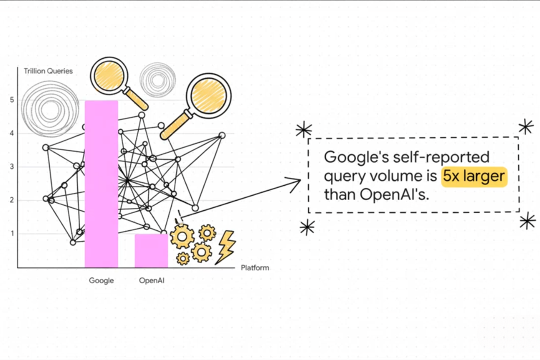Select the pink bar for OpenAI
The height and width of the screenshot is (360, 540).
(151, 250)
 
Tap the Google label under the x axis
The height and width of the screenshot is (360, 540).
(101, 280)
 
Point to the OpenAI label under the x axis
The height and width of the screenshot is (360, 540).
(151, 280)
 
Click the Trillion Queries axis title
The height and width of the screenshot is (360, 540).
(48, 71)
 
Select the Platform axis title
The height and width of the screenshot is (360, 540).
(254, 267)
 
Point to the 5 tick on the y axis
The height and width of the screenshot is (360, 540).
(11, 100)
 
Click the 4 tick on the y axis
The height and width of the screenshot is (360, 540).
(11, 133)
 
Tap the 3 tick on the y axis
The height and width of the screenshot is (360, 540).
(11, 166)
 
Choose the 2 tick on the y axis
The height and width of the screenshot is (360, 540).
(11, 200)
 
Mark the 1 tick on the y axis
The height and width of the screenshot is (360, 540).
(11, 233)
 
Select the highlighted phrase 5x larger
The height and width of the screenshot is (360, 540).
(474, 176)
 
